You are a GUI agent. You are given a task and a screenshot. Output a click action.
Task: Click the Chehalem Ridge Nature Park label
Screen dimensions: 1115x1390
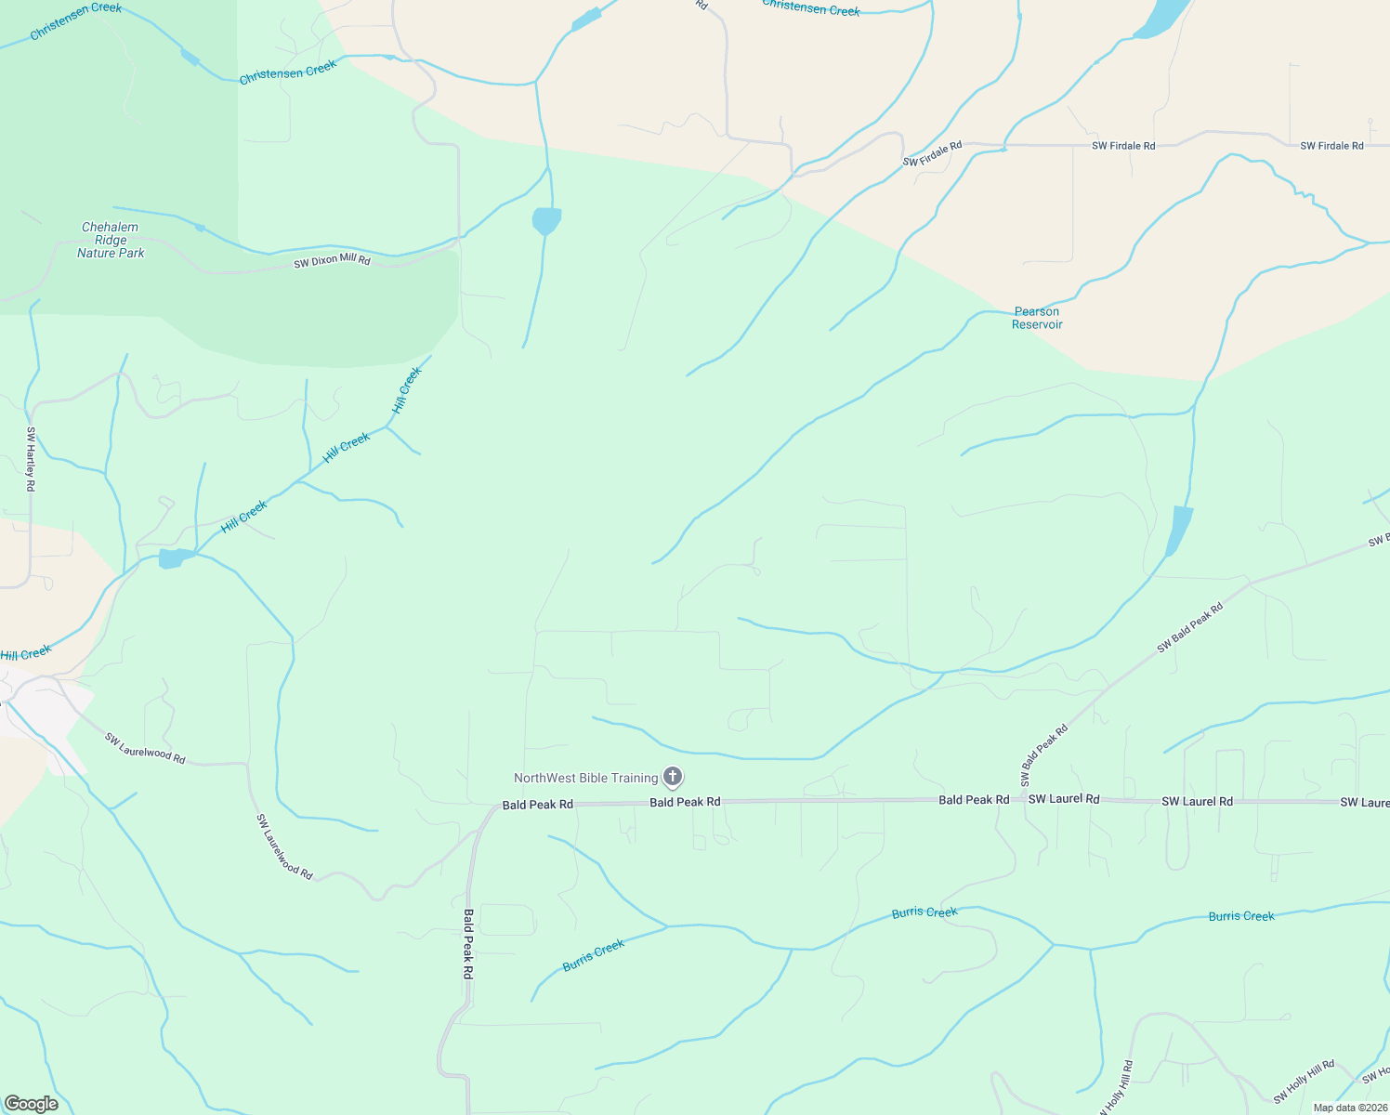pyautogui.click(x=111, y=240)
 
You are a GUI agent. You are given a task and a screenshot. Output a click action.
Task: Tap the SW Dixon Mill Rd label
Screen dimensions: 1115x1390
pyautogui.click(x=332, y=261)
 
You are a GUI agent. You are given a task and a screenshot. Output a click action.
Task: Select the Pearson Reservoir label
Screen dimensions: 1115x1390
pyautogui.click(x=1037, y=318)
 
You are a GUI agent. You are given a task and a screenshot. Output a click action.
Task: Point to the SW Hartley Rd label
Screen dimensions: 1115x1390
pyautogui.click(x=31, y=459)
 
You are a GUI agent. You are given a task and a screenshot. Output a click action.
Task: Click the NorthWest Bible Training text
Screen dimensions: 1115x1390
pyautogui.click(x=585, y=778)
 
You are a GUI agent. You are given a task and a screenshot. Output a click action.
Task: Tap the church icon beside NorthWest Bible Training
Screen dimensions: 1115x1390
pyautogui.click(x=673, y=777)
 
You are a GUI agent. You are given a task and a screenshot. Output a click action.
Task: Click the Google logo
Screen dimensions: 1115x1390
pyautogui.click(x=31, y=1103)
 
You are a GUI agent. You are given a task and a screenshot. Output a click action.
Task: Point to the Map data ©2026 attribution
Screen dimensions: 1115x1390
pyautogui.click(x=1348, y=1108)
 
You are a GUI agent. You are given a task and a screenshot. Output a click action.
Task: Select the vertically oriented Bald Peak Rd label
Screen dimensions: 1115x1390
pyautogui.click(x=468, y=943)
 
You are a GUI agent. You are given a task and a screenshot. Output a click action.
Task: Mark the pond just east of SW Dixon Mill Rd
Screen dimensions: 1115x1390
pyautogui.click(x=546, y=221)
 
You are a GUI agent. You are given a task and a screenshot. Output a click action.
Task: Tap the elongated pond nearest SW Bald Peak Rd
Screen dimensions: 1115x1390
pyautogui.click(x=1179, y=531)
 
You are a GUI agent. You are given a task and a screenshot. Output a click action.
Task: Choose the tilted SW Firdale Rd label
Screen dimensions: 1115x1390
pyautogui.click(x=932, y=154)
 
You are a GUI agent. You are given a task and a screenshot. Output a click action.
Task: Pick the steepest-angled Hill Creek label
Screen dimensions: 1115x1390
pyautogui.click(x=407, y=390)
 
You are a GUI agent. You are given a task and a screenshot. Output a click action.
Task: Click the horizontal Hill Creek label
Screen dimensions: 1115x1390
pyautogui.click(x=25, y=654)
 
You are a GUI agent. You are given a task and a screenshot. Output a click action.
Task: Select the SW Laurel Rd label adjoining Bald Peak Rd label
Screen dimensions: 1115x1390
pyautogui.click(x=1064, y=799)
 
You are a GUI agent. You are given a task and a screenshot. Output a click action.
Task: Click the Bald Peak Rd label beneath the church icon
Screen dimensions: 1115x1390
pyautogui.click(x=685, y=802)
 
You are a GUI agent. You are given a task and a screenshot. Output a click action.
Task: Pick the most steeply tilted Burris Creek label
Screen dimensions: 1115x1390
pyautogui.click(x=594, y=954)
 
